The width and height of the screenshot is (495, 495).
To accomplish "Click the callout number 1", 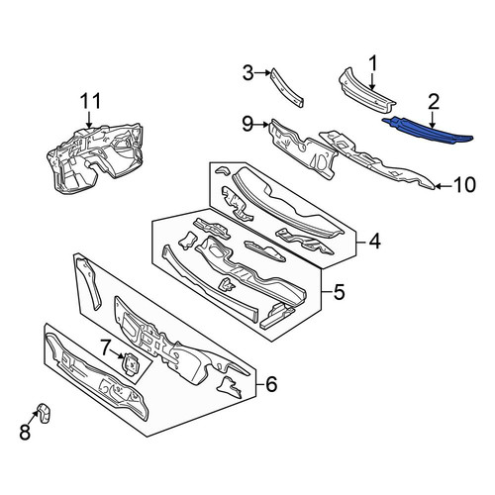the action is coord(372,63).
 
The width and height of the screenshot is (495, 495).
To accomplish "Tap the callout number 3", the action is coord(248,73).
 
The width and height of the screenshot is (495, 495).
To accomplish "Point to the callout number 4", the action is coord(374,242).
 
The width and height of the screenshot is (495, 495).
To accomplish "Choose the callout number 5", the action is coord(339,292).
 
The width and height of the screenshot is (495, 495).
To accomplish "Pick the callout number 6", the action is coord(271,384).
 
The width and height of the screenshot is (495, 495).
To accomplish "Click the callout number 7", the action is coord(105,347).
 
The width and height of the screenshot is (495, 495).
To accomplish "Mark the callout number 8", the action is coord(25,432).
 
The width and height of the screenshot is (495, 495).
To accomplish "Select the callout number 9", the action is coord(248,124).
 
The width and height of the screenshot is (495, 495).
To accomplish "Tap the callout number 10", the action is coord(464,185).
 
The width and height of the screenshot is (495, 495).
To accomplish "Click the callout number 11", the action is coord(90,101).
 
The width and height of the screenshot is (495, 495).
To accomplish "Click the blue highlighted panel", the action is coord(428,132).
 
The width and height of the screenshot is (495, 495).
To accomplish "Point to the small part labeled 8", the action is coord(45,412).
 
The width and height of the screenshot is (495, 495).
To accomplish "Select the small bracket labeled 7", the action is coord(132,364).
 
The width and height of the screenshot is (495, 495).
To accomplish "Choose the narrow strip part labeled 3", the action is coord(286,87).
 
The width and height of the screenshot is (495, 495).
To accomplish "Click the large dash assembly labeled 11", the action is coord(96,156).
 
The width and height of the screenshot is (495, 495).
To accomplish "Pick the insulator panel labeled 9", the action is coord(303,149).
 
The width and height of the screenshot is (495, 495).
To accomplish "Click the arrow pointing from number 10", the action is coord(444,187).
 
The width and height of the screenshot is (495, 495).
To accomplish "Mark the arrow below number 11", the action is coord(89,119).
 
